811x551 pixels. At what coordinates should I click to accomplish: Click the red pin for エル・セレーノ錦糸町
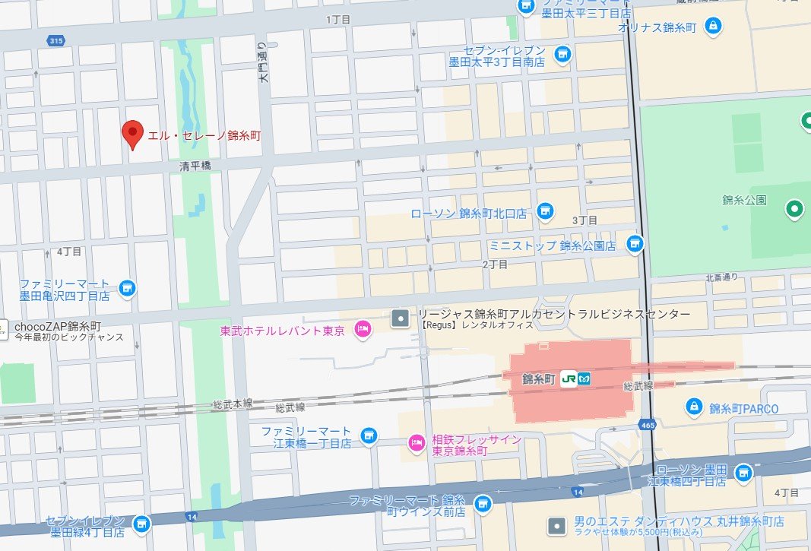coord(133,134)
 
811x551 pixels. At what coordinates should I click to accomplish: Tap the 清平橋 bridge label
coord(195,165)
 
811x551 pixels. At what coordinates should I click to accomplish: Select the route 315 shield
coord(55,40)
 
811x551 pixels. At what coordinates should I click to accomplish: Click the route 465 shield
coord(648,424)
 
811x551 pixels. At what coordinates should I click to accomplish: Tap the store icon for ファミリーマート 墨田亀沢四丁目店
coord(128,288)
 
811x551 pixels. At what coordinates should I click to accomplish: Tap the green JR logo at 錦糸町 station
coord(568,378)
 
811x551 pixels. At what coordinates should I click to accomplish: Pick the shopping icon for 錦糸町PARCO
coord(693,407)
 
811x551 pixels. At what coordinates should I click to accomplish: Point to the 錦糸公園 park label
coord(744,201)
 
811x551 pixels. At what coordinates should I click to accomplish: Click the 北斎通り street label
coord(721,277)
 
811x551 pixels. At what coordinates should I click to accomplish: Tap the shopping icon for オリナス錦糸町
coord(713,26)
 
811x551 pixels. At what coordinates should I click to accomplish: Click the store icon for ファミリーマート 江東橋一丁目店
coord(369,435)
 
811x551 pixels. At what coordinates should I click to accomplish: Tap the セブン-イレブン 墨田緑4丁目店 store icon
coord(141,524)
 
